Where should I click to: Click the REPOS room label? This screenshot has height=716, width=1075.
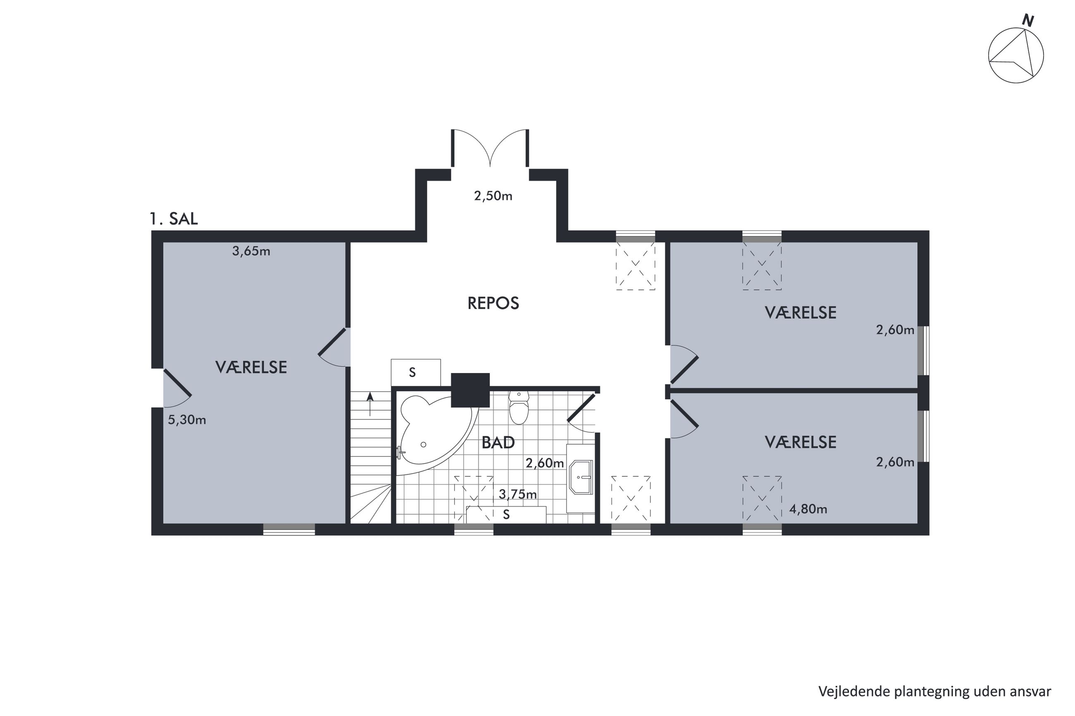point(493,303)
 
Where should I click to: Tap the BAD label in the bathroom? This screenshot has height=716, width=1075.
point(498,442)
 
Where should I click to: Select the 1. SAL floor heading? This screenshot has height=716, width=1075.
point(174,219)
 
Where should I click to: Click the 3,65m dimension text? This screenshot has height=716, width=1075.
point(251,251)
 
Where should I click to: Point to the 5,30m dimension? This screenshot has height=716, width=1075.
point(187,420)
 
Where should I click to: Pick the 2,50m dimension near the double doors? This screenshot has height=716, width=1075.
point(493,196)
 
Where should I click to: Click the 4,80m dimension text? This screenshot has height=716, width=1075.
point(808,509)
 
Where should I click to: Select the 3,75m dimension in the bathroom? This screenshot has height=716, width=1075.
point(518,494)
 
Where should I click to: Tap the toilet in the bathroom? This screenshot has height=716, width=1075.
point(518,407)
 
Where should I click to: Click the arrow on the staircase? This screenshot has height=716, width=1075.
point(370,404)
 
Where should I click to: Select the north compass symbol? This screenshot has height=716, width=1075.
point(1016,62)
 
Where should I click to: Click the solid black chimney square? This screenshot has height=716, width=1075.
point(470,390)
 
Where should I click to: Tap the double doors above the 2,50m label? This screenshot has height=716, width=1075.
point(490,148)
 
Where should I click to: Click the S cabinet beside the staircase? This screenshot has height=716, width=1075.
point(416,373)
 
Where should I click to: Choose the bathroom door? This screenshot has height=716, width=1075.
point(582,413)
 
